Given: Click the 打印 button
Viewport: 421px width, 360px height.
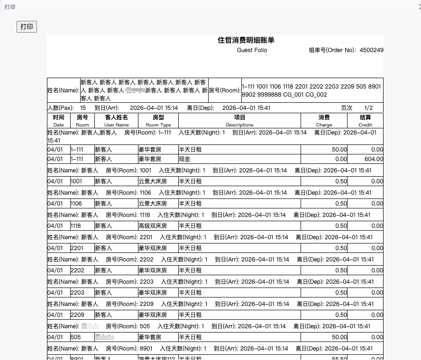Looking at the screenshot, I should [x=27, y=27].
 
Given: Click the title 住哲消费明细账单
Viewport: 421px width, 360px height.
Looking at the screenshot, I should [x=246, y=40].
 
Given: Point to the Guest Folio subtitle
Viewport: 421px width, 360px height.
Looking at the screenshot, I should [x=252, y=50].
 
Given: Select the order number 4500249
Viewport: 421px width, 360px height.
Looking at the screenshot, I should [x=371, y=50].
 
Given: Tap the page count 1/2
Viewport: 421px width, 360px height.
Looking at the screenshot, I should [x=368, y=108].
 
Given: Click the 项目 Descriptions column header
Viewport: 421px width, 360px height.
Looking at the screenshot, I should [x=239, y=120].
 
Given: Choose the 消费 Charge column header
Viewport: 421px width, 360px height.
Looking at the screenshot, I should [x=324, y=120].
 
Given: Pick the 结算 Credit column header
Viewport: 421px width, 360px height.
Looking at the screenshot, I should [x=365, y=120].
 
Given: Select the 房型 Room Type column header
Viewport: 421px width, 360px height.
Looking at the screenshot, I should [x=158, y=120].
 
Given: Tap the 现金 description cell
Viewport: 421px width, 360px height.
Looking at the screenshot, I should [x=184, y=159].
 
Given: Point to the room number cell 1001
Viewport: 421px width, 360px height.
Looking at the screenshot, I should [x=76, y=181].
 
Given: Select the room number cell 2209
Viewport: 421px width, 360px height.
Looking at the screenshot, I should [x=77, y=315].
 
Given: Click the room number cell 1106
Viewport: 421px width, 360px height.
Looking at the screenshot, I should [x=76, y=204].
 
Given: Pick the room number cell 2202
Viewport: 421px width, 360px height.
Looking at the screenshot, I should [x=77, y=270].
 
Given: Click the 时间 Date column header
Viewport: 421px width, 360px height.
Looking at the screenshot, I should [x=59, y=120].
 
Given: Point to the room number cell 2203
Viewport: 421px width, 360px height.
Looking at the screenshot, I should [x=77, y=293].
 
